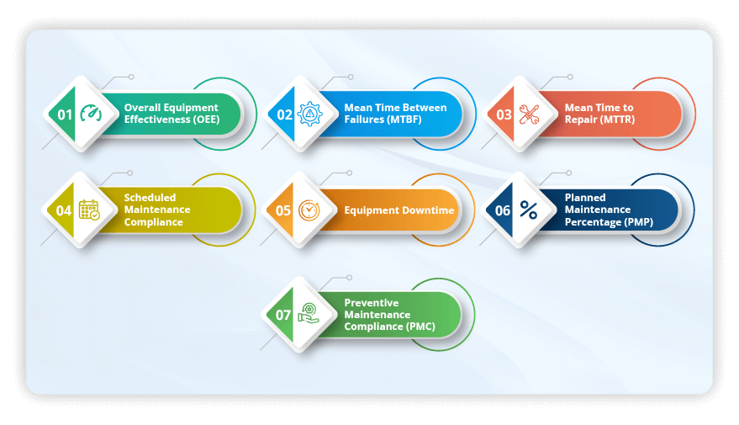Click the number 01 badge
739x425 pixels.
pos(65,114)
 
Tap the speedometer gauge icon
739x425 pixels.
pos(90,114)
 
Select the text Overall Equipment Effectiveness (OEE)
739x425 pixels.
pos(171,114)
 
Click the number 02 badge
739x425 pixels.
pos(285,114)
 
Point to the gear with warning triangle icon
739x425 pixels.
pos(310,114)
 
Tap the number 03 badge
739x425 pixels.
pos(504,114)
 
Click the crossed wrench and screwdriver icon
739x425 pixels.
pos(530,114)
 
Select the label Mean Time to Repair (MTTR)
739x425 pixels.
pos(599,114)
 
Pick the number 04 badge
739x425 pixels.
pos(64,210)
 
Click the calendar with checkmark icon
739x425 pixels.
pos(89,210)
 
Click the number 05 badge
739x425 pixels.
pos(284,210)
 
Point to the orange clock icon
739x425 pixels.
pos(309,210)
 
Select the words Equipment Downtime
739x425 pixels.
pos(399,210)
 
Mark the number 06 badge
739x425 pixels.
pos(503,210)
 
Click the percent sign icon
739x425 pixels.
pos(529,210)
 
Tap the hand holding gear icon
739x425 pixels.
pos(309,315)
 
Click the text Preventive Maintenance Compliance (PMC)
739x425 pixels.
pos(389,315)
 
